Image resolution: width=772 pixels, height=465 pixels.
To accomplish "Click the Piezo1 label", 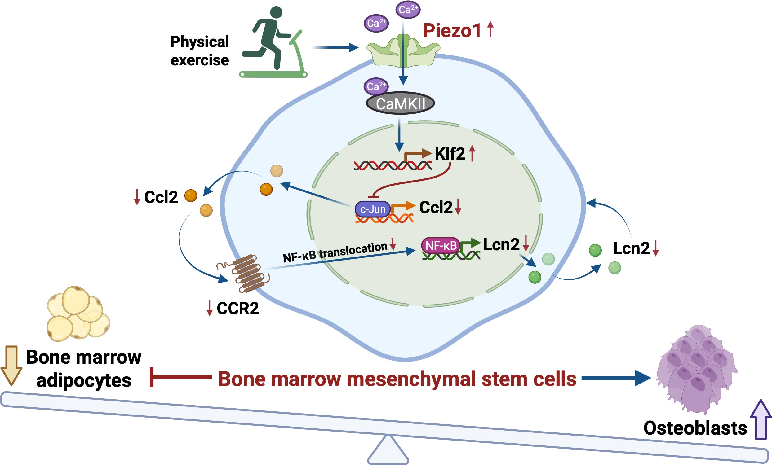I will (x=452, y=31).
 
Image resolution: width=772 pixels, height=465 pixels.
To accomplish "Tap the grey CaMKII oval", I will (x=400, y=103).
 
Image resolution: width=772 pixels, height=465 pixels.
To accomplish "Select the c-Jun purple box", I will (x=373, y=209).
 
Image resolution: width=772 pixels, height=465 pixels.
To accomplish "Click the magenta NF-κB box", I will (x=441, y=245).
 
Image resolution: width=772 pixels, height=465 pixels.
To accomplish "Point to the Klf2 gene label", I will (x=450, y=154).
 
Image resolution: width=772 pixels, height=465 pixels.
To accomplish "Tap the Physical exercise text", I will (x=200, y=51).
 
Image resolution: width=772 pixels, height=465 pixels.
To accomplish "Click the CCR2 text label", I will (x=237, y=309).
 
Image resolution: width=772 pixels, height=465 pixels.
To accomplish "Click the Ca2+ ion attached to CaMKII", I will (x=376, y=86).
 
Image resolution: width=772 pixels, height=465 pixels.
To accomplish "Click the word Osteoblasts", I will (x=695, y=428).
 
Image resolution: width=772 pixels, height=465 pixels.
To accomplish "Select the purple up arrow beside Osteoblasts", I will (x=761, y=419).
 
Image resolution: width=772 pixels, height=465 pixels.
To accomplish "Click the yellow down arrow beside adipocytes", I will (x=11, y=365).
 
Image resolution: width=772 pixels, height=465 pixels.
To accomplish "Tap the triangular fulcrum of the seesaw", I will (x=388, y=450).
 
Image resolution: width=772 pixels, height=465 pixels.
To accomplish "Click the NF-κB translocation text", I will (x=335, y=252).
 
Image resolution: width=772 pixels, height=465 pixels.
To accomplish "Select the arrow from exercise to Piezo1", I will (x=335, y=48).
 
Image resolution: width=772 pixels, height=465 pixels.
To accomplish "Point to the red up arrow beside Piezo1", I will (x=490, y=29).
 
